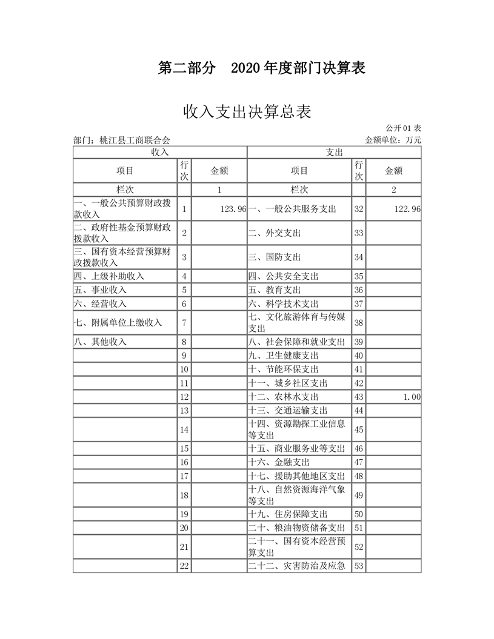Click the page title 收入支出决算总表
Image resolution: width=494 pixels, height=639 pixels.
(247, 112)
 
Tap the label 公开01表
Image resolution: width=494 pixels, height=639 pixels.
(404, 128)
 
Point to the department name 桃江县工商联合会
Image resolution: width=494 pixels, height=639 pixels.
(121, 140)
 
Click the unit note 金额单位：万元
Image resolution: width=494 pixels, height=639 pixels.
(393, 140)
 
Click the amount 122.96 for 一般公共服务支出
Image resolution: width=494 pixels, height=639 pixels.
(407, 208)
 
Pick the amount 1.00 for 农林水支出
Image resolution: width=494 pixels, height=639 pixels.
(412, 397)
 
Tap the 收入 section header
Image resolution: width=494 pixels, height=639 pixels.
(159, 151)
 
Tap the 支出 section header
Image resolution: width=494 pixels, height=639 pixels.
(334, 151)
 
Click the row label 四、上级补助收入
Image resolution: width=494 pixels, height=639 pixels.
(109, 276)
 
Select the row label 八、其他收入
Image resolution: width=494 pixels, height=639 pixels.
(100, 342)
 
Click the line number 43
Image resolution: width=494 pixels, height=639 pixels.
(358, 397)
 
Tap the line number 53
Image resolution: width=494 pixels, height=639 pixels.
(358, 566)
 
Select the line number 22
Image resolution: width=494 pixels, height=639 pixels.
(184, 566)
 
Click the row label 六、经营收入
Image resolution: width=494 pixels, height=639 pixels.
(100, 303)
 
